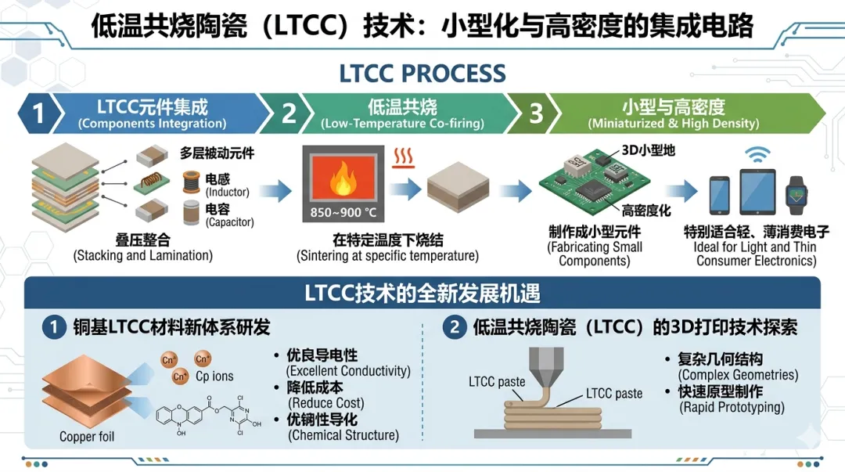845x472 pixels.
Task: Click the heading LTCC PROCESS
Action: click(422, 74)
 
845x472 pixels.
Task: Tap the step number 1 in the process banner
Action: click(36, 114)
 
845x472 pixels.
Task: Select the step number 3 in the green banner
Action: click(535, 114)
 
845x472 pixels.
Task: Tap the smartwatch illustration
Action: click(796, 196)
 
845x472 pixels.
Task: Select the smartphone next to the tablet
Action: click(721, 196)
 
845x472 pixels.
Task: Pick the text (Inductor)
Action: click(227, 192)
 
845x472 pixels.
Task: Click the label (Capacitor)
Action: click(230, 222)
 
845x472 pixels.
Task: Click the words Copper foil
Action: click(88, 436)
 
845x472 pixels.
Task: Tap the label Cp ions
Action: click(214, 377)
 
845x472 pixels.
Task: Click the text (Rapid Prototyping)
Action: click(732, 407)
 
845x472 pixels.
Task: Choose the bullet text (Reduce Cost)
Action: click(326, 403)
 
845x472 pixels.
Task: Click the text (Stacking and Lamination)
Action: click(143, 255)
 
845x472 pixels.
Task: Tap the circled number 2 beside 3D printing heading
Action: click(455, 326)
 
